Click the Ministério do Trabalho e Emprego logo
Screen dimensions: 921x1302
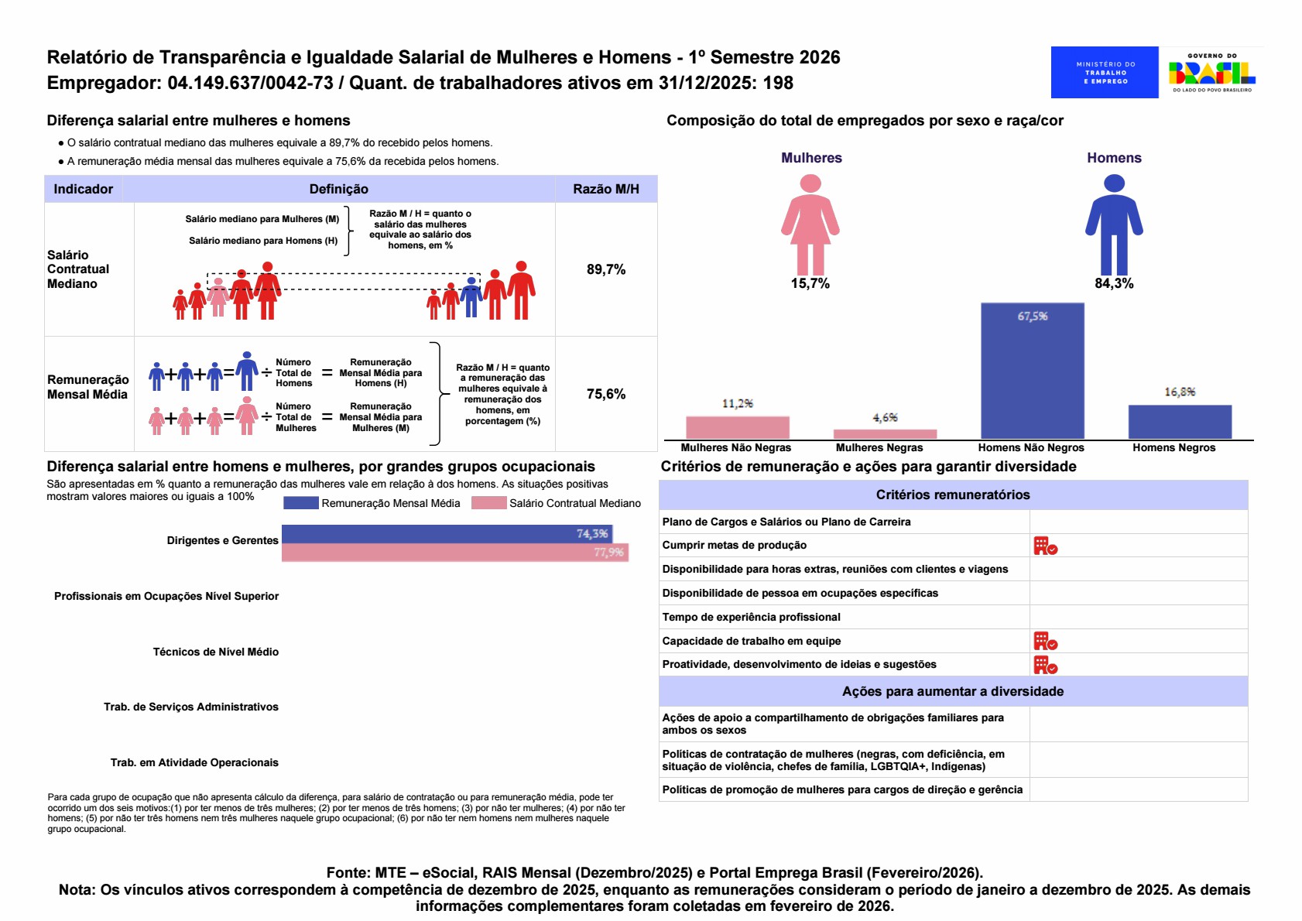tap(1104, 72)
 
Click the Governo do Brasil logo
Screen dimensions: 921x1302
tap(1212, 72)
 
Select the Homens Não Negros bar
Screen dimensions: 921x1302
tap(1032, 371)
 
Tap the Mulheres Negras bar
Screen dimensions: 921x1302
tap(885, 434)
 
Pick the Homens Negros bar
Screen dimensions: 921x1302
tap(1180, 422)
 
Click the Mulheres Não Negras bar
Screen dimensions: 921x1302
tap(737, 427)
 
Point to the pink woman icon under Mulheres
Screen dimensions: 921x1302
tap(810, 224)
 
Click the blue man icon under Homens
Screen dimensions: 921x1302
tap(1114, 224)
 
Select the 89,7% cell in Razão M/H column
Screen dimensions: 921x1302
tap(606, 269)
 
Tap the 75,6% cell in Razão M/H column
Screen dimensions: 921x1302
tap(606, 394)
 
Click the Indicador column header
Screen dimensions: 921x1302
tap(83, 189)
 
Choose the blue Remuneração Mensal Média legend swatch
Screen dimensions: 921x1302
tap(300, 503)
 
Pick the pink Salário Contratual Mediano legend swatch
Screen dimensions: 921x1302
tap(488, 503)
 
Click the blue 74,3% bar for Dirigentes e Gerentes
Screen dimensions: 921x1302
tap(447, 534)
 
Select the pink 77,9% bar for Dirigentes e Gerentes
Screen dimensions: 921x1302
tap(454, 553)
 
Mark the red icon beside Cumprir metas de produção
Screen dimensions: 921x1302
tap(1045, 546)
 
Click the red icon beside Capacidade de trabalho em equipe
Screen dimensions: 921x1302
tap(1045, 641)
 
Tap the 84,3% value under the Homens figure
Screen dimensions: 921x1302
tap(1114, 283)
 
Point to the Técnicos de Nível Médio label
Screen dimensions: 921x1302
tap(215, 652)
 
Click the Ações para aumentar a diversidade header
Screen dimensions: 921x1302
tap(952, 691)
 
